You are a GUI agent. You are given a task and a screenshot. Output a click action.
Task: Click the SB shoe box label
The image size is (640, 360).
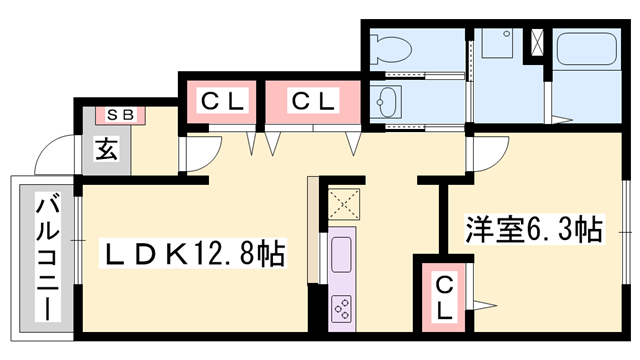[x=120, y=114]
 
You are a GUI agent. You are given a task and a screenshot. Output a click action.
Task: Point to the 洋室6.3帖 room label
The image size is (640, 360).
[x=532, y=231]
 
